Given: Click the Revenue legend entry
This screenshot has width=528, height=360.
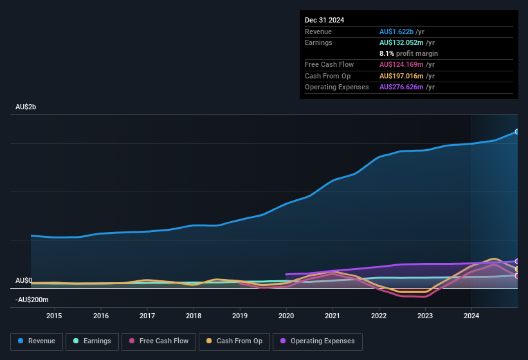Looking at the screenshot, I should (37, 341).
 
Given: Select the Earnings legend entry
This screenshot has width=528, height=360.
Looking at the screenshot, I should (92, 341).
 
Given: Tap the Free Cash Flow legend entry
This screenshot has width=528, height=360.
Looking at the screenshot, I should (159, 341).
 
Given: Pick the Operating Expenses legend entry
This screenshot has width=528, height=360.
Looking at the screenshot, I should (317, 341).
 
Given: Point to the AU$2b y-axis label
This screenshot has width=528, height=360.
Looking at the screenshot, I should (26, 107).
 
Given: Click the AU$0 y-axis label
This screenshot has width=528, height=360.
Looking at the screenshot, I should (24, 281).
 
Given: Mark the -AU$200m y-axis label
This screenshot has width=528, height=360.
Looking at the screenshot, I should (32, 300).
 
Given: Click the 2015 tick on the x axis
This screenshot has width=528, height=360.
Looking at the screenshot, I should (54, 316).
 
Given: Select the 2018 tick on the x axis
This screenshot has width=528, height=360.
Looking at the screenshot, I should (193, 316).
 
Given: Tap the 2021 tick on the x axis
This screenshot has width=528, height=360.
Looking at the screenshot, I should (332, 316).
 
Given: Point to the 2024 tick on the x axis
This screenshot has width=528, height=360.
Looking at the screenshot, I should (471, 316).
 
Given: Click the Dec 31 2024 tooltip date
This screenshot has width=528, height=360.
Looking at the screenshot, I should (325, 20).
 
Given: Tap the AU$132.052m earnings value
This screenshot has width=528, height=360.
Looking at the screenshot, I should (401, 42).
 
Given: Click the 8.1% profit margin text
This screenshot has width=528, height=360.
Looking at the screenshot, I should (408, 54).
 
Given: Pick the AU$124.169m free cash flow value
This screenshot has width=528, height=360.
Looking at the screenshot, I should (401, 65).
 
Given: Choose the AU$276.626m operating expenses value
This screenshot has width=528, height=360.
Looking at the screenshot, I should (401, 87).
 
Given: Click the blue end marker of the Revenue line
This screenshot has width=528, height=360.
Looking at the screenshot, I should (517, 132).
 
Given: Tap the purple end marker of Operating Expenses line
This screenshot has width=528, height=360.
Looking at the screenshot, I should (517, 261).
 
